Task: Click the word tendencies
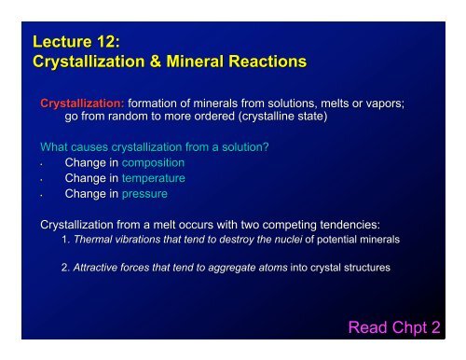[x=374, y=224]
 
